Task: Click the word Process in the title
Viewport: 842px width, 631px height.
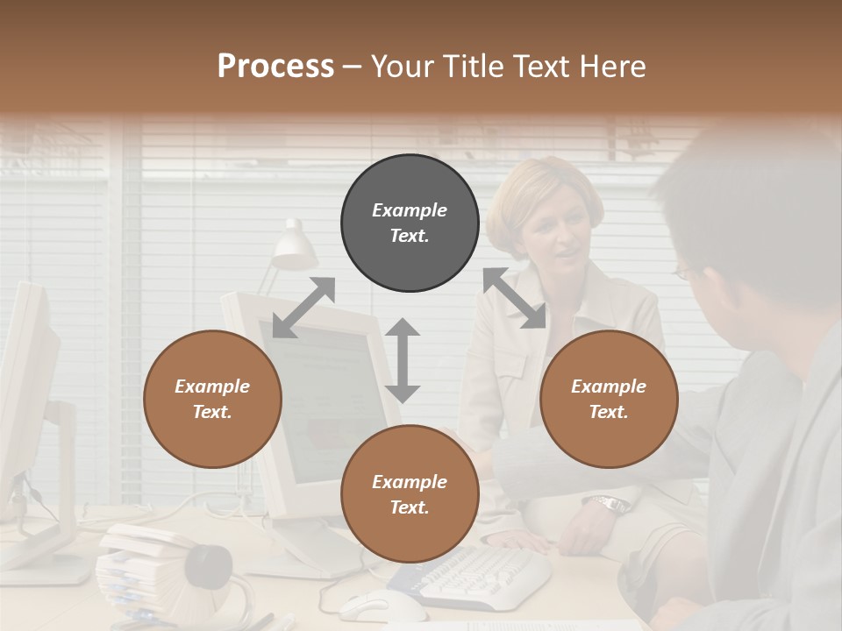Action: coord(275,67)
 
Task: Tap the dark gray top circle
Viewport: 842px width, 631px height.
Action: coord(410,223)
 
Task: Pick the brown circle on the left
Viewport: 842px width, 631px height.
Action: coord(212,399)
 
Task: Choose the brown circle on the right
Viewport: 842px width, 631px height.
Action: coord(609,399)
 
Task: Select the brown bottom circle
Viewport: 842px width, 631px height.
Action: coord(410,494)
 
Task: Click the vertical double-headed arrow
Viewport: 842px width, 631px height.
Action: coord(403,359)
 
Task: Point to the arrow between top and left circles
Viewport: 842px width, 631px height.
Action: coord(303,307)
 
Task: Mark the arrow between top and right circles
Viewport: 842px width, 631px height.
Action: coord(514,298)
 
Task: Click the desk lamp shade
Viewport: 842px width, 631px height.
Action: coord(294,245)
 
